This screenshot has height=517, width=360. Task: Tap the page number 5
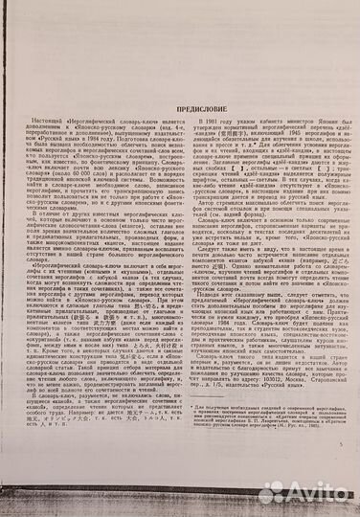(340, 418)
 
